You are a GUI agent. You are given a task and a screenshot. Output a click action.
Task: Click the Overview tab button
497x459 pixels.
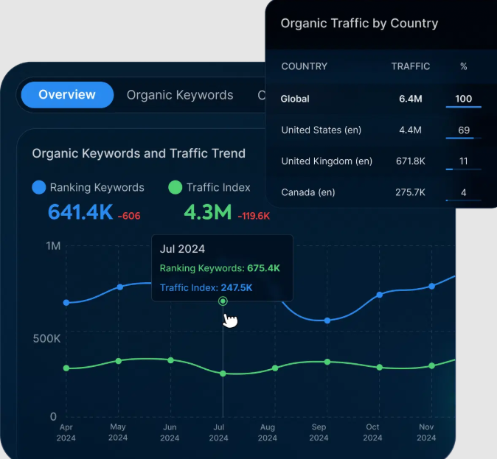[67, 95]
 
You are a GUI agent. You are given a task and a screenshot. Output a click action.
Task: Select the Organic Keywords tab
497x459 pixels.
[180, 95]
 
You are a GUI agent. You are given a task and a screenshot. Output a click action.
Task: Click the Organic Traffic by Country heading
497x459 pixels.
[359, 24]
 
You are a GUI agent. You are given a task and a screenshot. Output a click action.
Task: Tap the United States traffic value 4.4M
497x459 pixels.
[410, 130]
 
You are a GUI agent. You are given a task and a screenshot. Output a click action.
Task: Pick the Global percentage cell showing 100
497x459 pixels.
[463, 99]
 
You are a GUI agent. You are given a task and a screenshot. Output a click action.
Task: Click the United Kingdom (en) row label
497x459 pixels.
[327, 161]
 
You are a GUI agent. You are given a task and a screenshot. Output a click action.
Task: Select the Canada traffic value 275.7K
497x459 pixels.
[410, 192]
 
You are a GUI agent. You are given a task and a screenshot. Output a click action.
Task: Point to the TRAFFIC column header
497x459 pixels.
[410, 66]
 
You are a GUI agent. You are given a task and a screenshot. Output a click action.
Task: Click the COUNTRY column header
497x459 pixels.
[304, 66]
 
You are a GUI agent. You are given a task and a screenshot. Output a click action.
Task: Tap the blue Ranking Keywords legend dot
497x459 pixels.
[39, 188]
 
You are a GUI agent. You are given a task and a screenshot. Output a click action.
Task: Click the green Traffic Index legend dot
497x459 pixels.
[175, 188]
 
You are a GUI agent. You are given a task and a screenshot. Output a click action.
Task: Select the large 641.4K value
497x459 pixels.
[80, 213]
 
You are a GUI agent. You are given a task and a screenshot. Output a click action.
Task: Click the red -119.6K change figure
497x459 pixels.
[254, 216]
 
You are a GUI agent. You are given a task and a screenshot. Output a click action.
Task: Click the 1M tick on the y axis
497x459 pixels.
[52, 245]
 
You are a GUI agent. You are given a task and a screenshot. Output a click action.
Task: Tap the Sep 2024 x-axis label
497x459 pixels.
[319, 432]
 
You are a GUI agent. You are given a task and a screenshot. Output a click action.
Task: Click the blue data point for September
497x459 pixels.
[327, 320]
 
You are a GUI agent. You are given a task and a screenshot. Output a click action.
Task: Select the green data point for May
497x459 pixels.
[119, 361]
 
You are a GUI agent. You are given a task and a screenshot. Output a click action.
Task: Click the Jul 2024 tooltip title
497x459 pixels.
[182, 249]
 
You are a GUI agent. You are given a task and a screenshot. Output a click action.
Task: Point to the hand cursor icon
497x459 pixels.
[231, 320]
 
